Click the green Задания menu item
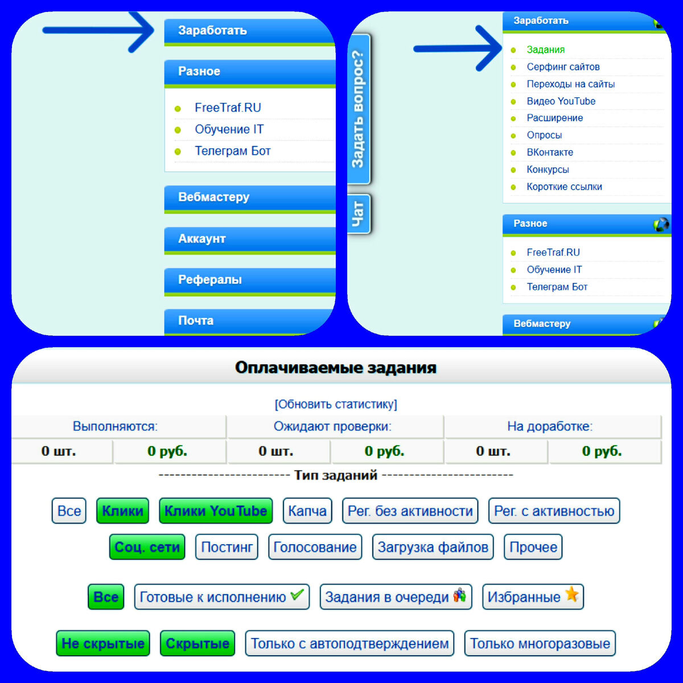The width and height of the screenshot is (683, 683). (x=545, y=50)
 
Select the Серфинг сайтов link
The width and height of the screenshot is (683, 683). (x=563, y=67)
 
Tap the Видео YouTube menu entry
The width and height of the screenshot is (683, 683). (x=561, y=101)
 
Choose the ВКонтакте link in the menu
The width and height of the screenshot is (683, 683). (x=550, y=153)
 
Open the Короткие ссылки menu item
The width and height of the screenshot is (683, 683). (x=564, y=187)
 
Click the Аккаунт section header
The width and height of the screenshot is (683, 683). (x=201, y=239)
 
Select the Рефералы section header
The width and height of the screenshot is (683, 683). (x=209, y=280)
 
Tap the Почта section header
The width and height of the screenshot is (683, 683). (x=196, y=320)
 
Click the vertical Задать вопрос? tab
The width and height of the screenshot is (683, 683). (x=358, y=109)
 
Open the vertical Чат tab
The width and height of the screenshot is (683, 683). (x=358, y=214)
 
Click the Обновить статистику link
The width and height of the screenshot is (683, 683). (x=336, y=404)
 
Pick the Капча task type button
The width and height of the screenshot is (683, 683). (x=307, y=511)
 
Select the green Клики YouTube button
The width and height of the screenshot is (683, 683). (x=216, y=511)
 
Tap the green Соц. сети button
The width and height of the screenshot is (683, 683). (x=147, y=548)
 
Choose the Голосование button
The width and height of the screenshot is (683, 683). (x=315, y=548)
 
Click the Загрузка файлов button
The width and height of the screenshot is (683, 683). (x=433, y=548)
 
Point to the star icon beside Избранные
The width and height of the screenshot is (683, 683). (x=571, y=595)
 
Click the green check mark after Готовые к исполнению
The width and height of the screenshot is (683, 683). (x=297, y=595)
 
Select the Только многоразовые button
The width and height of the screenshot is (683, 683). (x=540, y=644)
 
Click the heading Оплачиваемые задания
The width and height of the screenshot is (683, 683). (x=336, y=368)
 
